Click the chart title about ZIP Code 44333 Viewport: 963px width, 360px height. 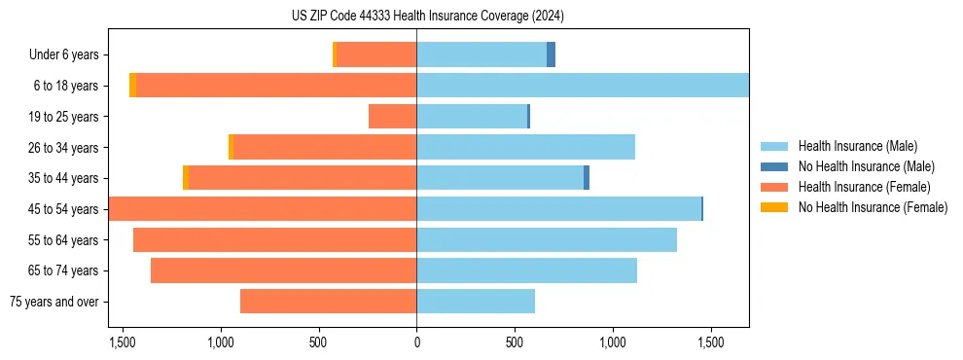coord(427,16)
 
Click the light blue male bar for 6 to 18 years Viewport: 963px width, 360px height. coord(582,86)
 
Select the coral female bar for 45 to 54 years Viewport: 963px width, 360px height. coord(263,209)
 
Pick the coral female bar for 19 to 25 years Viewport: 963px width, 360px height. coord(392,117)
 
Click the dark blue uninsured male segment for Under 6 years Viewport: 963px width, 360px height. coord(551,55)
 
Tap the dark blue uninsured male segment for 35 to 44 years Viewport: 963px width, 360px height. coord(587,178)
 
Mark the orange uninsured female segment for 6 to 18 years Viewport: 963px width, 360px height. coord(132,86)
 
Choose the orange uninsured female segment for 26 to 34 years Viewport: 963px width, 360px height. coord(231,147)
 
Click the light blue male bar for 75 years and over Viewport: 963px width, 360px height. coord(476,302)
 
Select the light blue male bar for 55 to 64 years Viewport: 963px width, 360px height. coord(547,239)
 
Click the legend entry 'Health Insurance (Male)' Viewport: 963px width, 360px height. coord(857,146)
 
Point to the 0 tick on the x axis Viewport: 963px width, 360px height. coord(416,342)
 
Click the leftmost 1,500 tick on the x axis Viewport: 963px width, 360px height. coord(123,342)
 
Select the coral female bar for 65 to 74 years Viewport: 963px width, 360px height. coord(283,270)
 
